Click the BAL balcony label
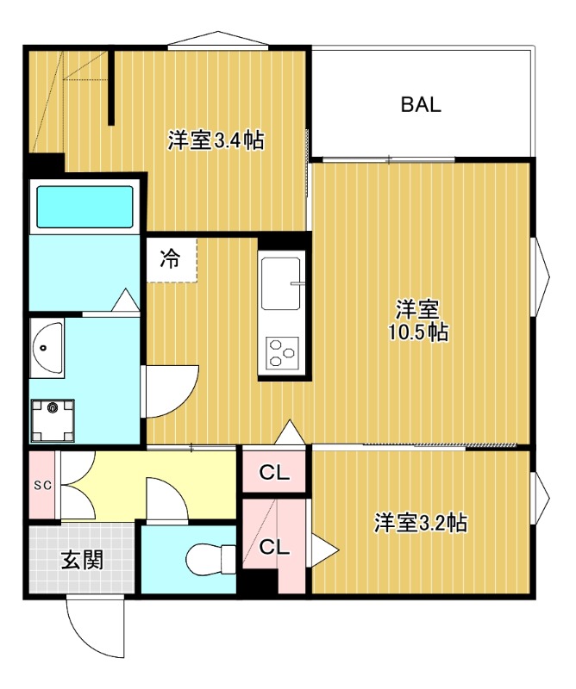click(x=421, y=104)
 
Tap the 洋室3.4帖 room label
click(x=216, y=140)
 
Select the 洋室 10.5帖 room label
click(x=418, y=320)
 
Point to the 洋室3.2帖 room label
click(x=421, y=523)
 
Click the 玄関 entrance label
click(x=82, y=561)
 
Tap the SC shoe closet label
click(x=43, y=485)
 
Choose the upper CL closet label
click(x=274, y=473)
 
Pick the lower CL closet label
click(x=274, y=547)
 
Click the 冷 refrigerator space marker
click(x=170, y=258)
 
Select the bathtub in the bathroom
click(x=85, y=207)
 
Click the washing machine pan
click(x=52, y=420)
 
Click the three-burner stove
click(x=282, y=352)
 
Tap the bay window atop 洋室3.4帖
click(x=218, y=38)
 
